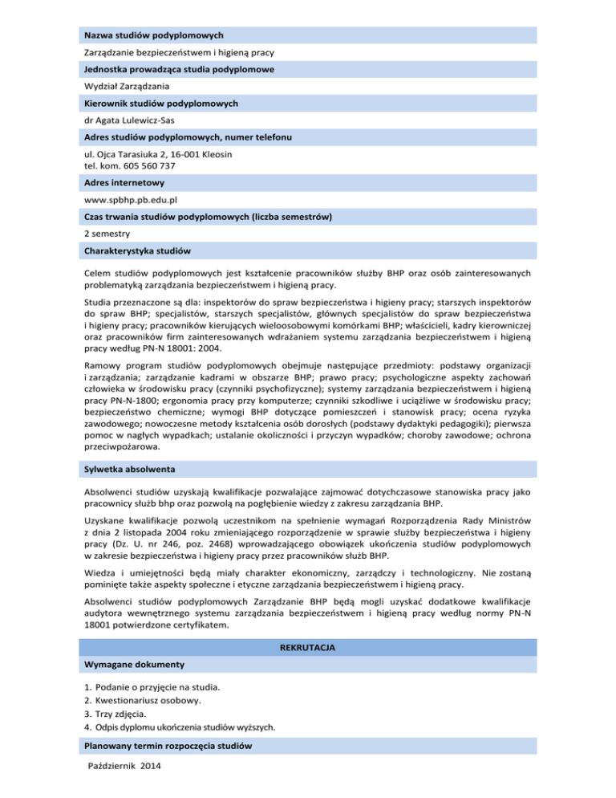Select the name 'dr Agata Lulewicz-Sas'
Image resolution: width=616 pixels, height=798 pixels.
[x=128, y=120]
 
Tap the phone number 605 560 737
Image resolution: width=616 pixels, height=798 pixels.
[x=146, y=166]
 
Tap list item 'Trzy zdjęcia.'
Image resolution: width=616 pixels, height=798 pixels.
[x=126, y=713]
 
